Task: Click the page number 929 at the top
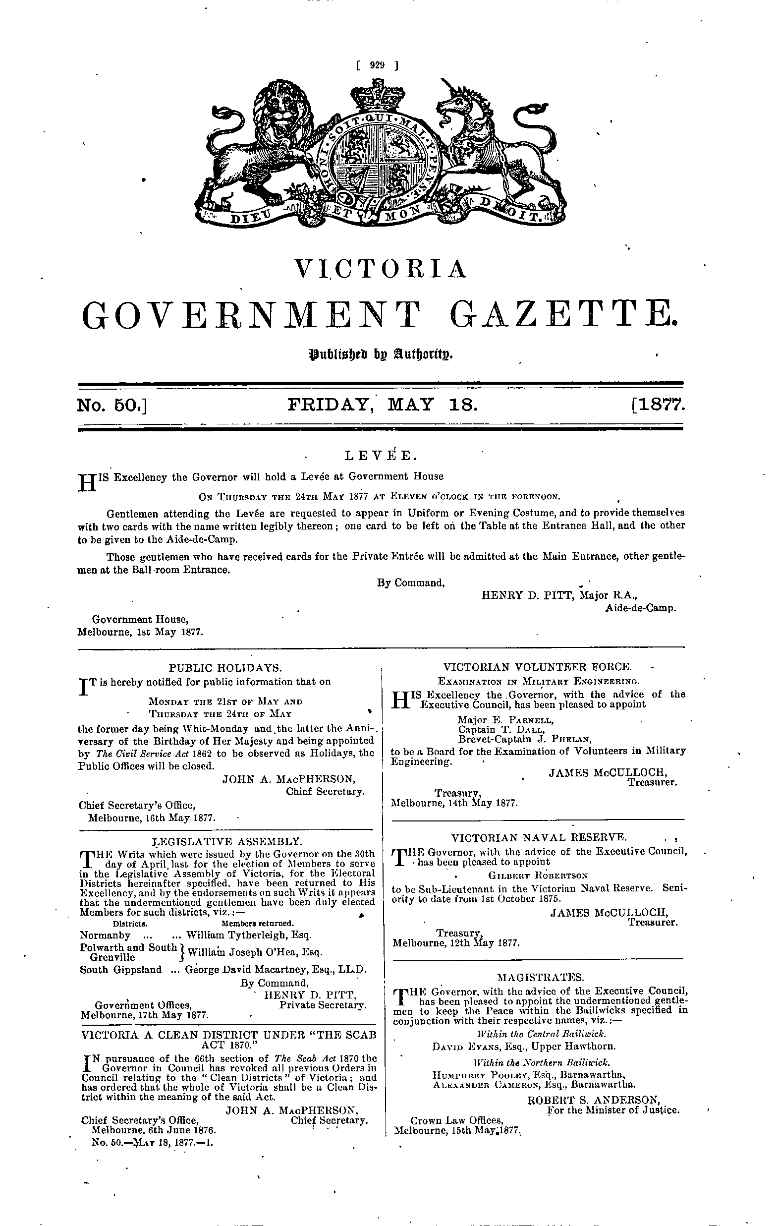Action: click(377, 64)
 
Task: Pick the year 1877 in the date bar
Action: click(657, 405)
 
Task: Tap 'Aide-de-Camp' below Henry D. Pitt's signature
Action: click(641, 608)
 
